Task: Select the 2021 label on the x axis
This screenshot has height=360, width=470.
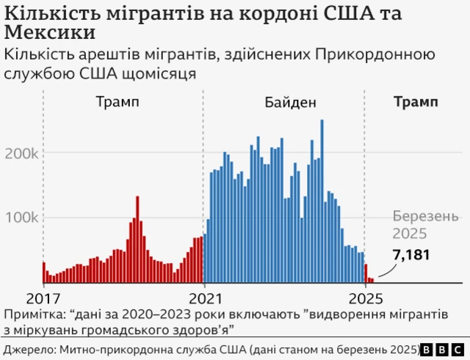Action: tap(205, 299)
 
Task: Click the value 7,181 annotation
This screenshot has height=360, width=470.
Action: tap(411, 255)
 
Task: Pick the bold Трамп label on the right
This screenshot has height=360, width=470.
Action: tap(416, 101)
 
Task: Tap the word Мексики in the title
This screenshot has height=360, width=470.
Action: tap(49, 34)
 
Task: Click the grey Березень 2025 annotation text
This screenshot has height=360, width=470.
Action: tap(419, 226)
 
